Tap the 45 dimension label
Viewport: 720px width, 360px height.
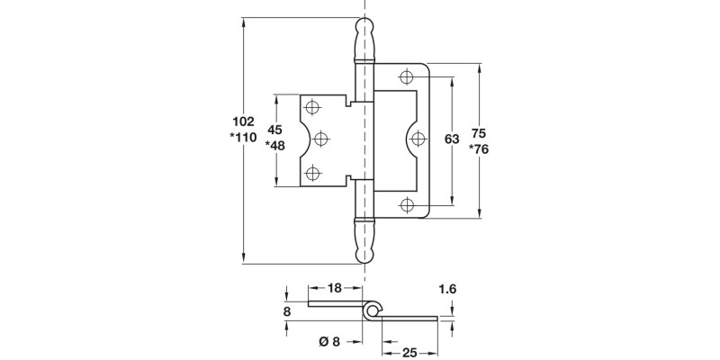(275, 130)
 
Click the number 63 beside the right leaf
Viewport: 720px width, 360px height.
(453, 139)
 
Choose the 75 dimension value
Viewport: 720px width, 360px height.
(481, 130)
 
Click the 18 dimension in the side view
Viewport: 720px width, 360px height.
(335, 289)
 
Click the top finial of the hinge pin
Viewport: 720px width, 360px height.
(363, 39)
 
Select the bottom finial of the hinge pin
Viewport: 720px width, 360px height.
(363, 242)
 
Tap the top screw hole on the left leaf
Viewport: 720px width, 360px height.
(313, 108)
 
